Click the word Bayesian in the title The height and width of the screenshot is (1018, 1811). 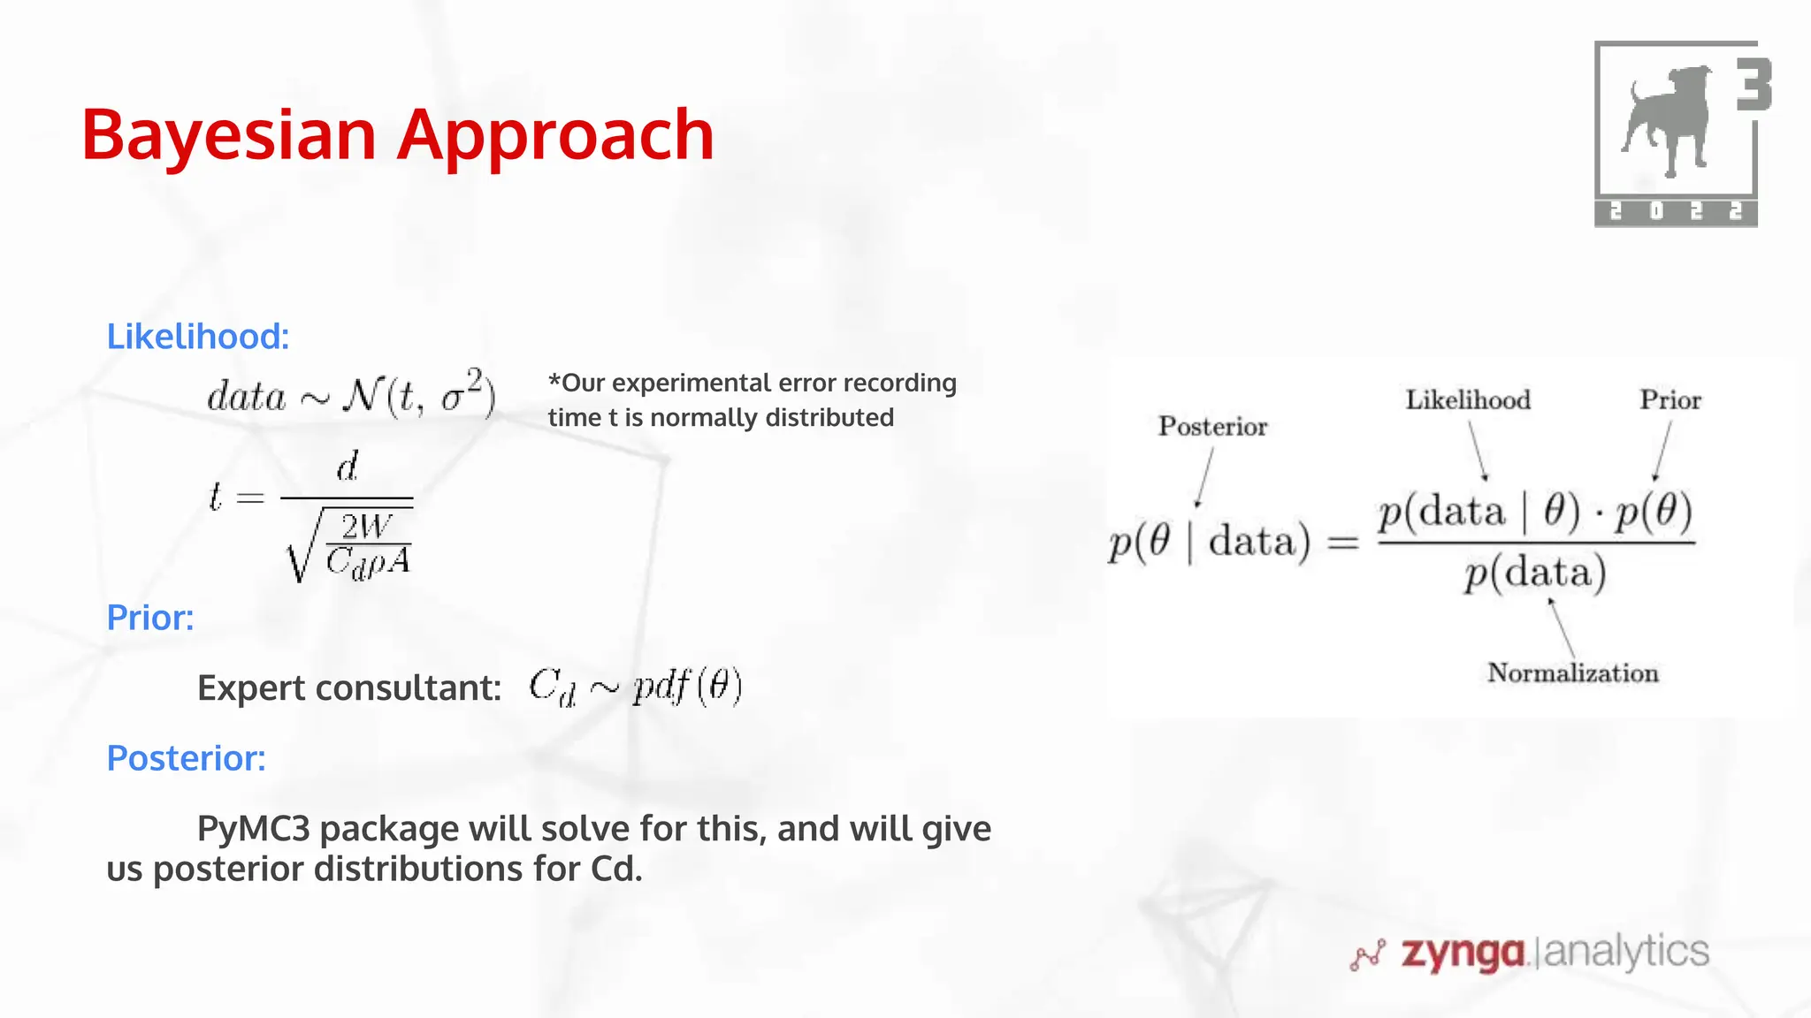coord(229,134)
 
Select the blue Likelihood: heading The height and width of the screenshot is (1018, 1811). coord(198,337)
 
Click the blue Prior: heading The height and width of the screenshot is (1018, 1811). coord(150,618)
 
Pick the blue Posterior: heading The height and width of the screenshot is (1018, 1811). coord(186,758)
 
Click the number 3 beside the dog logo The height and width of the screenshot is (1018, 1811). coord(1753,85)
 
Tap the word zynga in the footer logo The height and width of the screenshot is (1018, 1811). coord(1463,953)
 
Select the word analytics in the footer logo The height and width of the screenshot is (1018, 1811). coord(1626,952)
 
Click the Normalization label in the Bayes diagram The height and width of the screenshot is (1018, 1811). coord(1572,673)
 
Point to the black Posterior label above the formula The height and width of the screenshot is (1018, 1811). coord(1212,427)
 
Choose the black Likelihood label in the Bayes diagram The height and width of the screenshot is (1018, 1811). coord(1468,400)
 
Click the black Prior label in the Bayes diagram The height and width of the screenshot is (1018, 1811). coord(1670,400)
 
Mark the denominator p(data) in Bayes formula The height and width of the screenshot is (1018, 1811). coord(1534,574)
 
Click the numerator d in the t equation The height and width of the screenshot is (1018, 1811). coord(348,467)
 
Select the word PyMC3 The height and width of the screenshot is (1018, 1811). coord(254,829)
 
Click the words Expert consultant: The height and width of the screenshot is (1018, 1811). coord(349,688)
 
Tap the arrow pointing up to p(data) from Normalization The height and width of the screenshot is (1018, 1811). coord(1562,627)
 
